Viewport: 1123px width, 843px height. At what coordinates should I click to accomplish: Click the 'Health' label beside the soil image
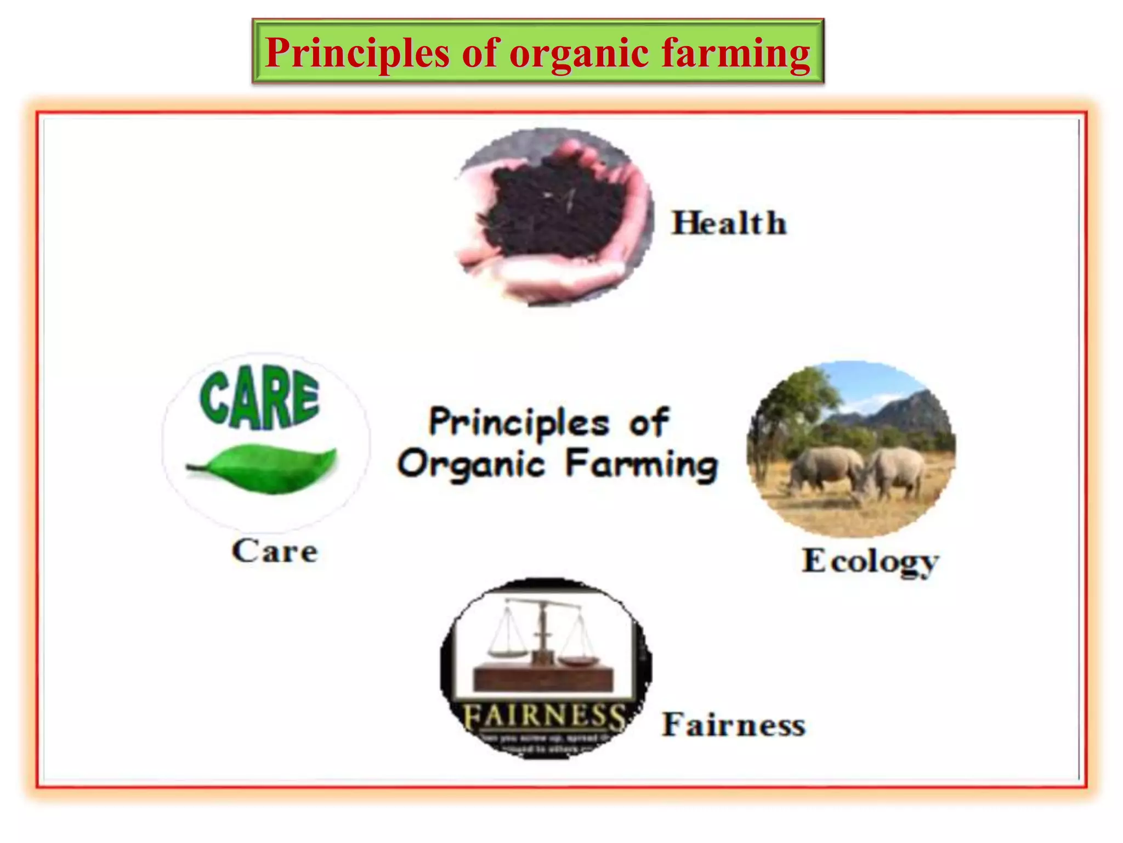(x=729, y=223)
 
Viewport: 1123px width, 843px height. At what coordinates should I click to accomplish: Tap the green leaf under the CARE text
(x=263, y=468)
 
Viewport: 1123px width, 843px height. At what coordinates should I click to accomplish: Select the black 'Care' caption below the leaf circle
(x=274, y=551)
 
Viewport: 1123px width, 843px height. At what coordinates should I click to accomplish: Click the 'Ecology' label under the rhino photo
(x=870, y=561)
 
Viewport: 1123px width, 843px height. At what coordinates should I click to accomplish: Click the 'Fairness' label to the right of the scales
(x=734, y=725)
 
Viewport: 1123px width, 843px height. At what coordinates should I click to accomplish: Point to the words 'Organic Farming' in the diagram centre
(x=557, y=464)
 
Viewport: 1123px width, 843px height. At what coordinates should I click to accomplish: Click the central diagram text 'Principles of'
(x=548, y=423)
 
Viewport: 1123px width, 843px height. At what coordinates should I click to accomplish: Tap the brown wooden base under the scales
(x=543, y=678)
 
